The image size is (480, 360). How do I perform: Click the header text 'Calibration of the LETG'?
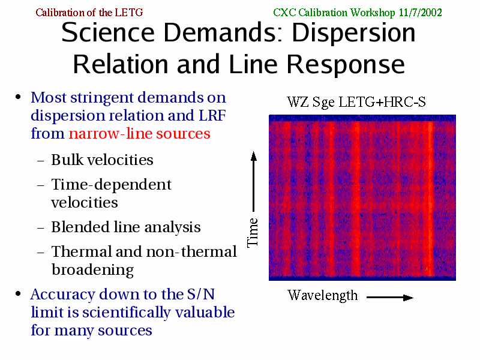pos(89,13)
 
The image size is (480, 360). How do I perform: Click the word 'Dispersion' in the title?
pos(353,32)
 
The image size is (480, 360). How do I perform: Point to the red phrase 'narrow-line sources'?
pos(139,133)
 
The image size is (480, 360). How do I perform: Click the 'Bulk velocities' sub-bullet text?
pos(102,160)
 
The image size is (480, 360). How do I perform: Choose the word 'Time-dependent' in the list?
pos(111,185)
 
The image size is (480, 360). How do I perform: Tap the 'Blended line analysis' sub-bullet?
pos(126,227)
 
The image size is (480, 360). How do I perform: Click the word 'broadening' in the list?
pos(92,270)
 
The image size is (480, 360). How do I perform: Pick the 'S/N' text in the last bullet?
pos(201,294)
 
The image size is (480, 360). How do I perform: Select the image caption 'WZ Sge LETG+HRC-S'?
pos(356,101)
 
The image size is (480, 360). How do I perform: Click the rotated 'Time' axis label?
pos(253,232)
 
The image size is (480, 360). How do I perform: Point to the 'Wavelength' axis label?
pos(323,296)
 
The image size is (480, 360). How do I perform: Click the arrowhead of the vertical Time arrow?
pos(253,156)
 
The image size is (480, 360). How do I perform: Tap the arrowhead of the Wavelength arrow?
pos(408,297)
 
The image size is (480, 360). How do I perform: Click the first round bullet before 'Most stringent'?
pos(18,97)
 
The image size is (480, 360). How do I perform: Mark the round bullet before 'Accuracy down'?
pos(18,294)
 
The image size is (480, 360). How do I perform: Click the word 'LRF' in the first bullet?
pos(212,115)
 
